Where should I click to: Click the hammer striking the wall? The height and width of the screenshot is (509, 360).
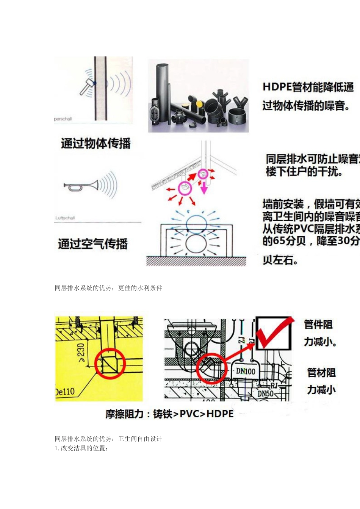click(x=86, y=87)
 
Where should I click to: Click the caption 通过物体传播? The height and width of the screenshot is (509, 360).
click(x=95, y=144)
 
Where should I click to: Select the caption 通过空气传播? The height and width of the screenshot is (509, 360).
click(x=93, y=244)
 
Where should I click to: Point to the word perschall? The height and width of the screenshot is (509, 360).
click(x=63, y=119)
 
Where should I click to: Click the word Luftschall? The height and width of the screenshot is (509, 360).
click(x=65, y=218)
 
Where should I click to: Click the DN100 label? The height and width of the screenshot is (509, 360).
click(x=246, y=372)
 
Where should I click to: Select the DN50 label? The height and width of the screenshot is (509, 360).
click(x=265, y=393)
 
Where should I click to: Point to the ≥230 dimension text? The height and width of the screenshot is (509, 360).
click(x=81, y=353)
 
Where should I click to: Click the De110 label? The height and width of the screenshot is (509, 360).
click(x=65, y=391)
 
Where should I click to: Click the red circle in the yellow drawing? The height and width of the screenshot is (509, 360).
click(x=110, y=364)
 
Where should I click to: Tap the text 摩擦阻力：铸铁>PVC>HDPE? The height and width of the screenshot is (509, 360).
click(x=169, y=414)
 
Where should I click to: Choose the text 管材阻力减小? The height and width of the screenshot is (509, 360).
click(x=321, y=381)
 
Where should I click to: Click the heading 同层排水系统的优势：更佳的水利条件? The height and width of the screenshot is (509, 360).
click(x=108, y=288)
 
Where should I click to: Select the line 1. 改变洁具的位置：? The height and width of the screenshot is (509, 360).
click(x=81, y=448)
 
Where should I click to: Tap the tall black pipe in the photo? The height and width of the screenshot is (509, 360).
click(x=165, y=91)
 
